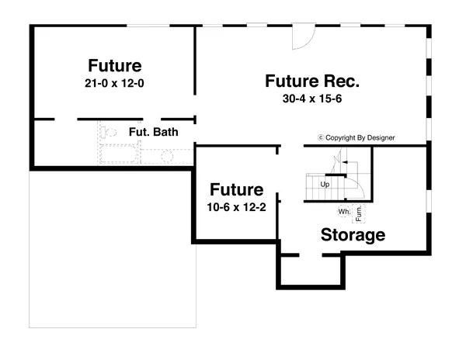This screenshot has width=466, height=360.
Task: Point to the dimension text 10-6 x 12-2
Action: [x=236, y=207]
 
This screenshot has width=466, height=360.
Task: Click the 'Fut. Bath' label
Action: [x=154, y=132]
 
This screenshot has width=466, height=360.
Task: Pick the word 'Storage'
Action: [x=353, y=235]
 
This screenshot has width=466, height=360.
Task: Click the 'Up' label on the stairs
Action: [x=325, y=185]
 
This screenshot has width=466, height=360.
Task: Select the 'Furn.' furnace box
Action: [x=360, y=210]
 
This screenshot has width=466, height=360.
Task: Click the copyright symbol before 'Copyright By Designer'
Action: [x=321, y=138]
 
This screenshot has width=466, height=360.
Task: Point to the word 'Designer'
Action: [x=377, y=138]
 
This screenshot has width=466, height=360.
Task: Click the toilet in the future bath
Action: [x=109, y=133]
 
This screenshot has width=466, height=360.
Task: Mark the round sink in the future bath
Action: [x=167, y=156]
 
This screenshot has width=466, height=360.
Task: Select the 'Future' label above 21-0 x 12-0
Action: [x=114, y=65]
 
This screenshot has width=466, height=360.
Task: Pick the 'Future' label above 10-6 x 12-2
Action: [x=236, y=190]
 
